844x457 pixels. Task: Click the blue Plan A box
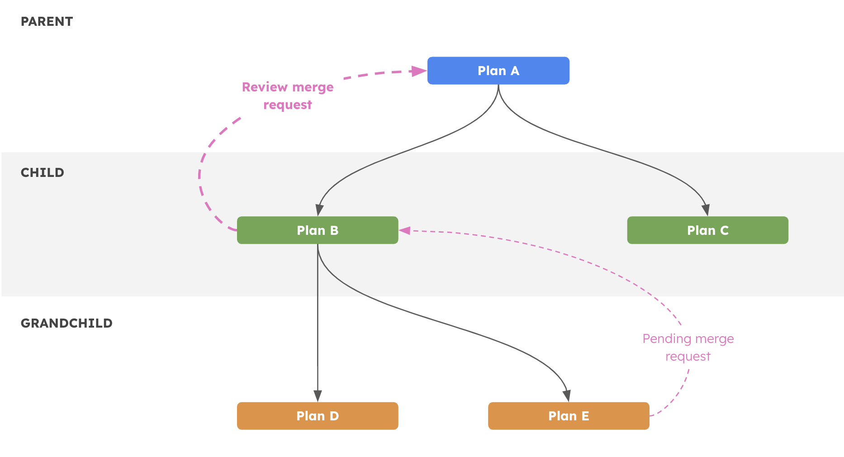coord(498,71)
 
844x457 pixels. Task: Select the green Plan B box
coord(317,230)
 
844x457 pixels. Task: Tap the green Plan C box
coord(707,230)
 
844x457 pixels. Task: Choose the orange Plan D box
coord(317,416)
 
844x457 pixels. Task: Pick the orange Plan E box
coord(569,416)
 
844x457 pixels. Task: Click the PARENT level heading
coord(47,22)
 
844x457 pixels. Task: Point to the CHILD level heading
coord(43,172)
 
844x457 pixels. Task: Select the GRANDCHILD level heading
coord(66,323)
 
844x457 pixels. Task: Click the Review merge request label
coord(288,95)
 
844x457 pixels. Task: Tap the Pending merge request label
coord(688,348)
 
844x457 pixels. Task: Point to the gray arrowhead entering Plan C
coord(706,210)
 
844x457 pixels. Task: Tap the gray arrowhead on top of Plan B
coord(319,210)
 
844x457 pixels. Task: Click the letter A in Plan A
coord(515,71)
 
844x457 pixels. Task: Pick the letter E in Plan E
coord(585,416)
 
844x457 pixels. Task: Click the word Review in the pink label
coord(265,87)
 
